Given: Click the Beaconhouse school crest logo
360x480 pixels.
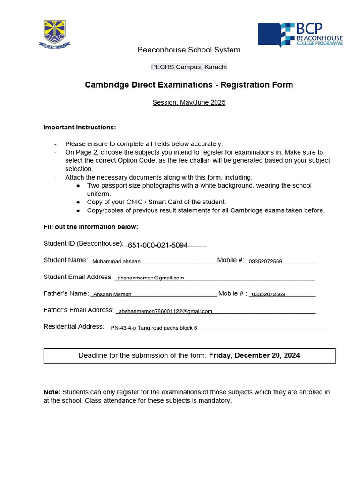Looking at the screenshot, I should pyautogui.click(x=54, y=34).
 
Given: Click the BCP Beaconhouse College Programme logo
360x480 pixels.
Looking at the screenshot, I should pyautogui.click(x=300, y=35).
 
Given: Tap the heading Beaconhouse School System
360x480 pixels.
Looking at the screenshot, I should pyautogui.click(x=188, y=50).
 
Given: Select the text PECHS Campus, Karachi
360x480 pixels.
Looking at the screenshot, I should pyautogui.click(x=189, y=67).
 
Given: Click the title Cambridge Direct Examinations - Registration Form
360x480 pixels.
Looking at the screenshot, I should pyautogui.click(x=189, y=85).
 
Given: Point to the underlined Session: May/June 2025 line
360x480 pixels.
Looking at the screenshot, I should pyautogui.click(x=189, y=102).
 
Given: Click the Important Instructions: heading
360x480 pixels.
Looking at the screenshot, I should pyautogui.click(x=80, y=127).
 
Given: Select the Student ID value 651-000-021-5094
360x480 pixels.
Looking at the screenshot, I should pyautogui.click(x=158, y=245).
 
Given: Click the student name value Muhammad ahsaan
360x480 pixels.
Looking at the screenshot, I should pyautogui.click(x=117, y=262).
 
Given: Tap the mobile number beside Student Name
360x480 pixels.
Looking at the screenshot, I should pyautogui.click(x=265, y=261).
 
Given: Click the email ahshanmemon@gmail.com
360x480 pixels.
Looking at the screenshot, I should pyautogui.click(x=150, y=278).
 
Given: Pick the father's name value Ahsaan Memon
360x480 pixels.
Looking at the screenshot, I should pyautogui.click(x=112, y=295).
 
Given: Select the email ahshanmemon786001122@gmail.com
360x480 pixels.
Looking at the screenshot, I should pyautogui.click(x=165, y=311).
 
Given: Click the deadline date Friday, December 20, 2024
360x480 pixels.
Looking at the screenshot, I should pyautogui.click(x=255, y=356).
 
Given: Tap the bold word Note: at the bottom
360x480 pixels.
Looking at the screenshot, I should pyautogui.click(x=52, y=392).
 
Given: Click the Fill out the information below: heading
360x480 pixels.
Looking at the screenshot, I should pyautogui.click(x=91, y=227).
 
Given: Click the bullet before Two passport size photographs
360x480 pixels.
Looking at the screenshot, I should pyautogui.click(x=78, y=186).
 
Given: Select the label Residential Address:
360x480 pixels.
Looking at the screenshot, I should pyautogui.click(x=74, y=327).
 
